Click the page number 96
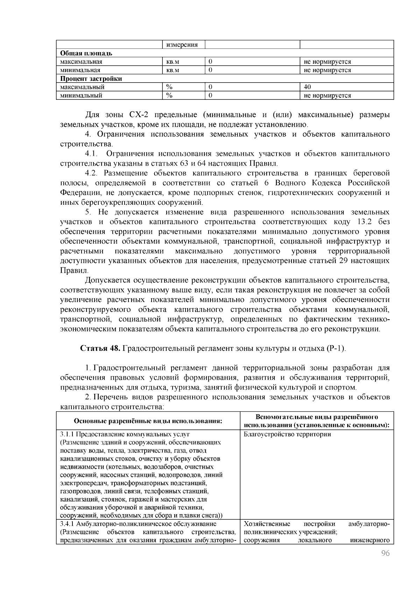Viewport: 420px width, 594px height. tap(385, 553)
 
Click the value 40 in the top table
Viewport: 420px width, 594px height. tap(307, 87)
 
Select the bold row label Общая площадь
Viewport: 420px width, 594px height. tap(86, 53)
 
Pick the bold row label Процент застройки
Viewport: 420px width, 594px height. tap(91, 78)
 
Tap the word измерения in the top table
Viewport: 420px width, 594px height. tap(182, 45)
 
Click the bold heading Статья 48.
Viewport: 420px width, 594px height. tap(100, 348)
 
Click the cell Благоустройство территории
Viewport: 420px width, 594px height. tap(287, 434)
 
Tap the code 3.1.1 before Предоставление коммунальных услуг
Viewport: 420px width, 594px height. tap(67, 434)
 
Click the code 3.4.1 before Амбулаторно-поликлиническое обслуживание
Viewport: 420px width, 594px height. tap(67, 524)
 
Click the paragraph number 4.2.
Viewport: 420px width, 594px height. tap(92, 173)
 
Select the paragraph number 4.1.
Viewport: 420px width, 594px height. tap(92, 154)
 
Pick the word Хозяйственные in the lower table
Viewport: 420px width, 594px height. tap(267, 524)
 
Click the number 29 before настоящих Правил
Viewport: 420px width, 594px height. tap(343, 261)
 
